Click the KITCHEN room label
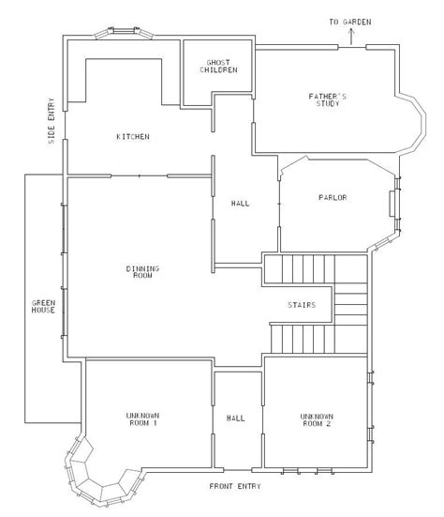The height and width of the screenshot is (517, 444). tap(132, 137)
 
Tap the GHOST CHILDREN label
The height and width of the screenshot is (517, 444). tap(215, 67)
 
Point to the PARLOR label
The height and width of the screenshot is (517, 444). tap(332, 197)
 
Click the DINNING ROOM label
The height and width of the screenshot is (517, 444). tap(142, 272)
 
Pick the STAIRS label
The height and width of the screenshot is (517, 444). tap(301, 305)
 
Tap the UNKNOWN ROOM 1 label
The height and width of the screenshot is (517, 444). tap(142, 419)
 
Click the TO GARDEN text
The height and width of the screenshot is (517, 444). tap(349, 21)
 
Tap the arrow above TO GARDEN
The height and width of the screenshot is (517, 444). tap(350, 36)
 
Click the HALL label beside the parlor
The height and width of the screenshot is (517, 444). tap(240, 203)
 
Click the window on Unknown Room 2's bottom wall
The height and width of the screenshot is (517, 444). tap(297, 466)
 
